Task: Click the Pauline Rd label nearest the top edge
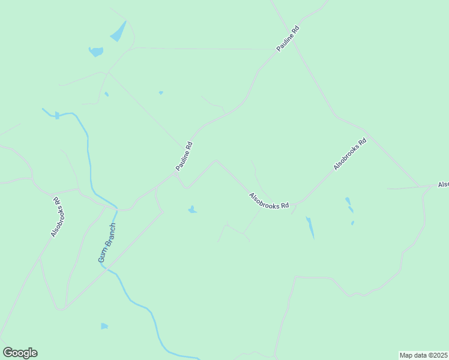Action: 288,38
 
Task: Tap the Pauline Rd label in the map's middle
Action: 184,155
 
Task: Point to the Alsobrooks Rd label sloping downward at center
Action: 269,200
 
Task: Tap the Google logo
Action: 20,353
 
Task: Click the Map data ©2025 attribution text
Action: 424,355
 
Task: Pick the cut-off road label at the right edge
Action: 443,184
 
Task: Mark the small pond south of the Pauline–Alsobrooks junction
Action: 192,209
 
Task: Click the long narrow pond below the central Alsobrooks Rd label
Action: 310,227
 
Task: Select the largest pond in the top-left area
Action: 118,31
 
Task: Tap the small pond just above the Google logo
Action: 104,326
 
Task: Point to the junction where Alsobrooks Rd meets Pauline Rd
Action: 176,175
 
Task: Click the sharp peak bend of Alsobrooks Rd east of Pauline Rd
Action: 216,160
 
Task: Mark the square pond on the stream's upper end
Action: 57,115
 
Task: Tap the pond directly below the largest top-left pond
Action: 96,52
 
